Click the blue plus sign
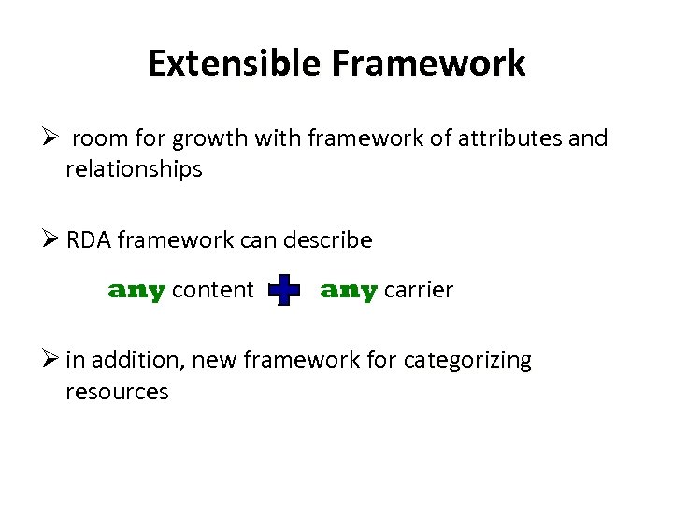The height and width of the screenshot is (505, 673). click(284, 291)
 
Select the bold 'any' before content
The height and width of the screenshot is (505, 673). click(136, 291)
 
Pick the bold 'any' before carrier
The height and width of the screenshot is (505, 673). click(349, 291)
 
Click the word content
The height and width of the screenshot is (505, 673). click(213, 290)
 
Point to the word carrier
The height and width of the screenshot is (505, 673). click(419, 290)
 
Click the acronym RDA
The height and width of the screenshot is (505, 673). click(88, 240)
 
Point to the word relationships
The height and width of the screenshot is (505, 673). click(134, 169)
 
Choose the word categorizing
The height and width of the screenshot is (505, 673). click(466, 361)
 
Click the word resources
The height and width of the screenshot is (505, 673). click(117, 391)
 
